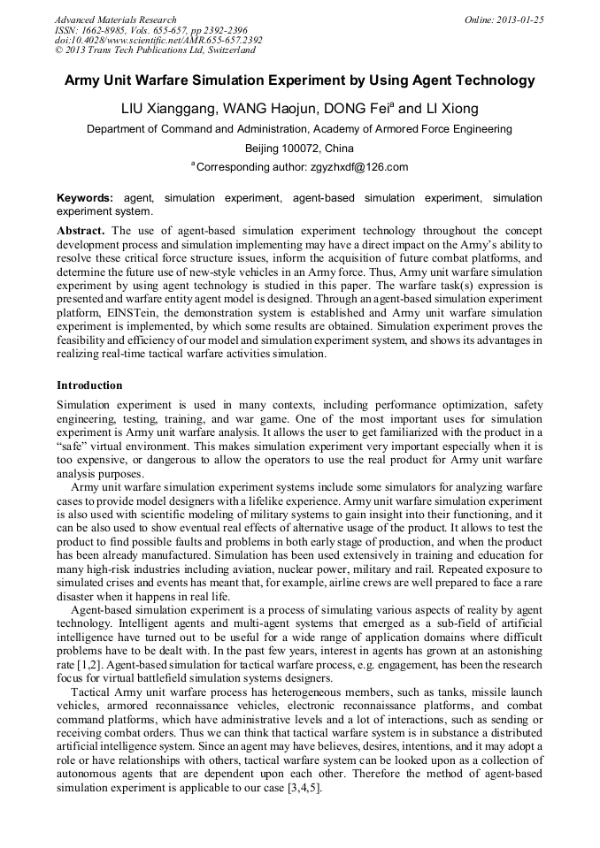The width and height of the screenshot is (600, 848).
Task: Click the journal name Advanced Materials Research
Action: (x=115, y=19)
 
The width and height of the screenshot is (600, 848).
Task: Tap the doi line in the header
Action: (x=158, y=40)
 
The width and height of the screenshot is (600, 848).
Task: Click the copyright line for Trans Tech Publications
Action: (x=155, y=50)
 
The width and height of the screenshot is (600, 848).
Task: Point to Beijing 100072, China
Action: (x=299, y=148)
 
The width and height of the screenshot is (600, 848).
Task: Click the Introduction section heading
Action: (x=89, y=386)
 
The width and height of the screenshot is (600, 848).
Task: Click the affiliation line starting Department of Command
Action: (x=299, y=129)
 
